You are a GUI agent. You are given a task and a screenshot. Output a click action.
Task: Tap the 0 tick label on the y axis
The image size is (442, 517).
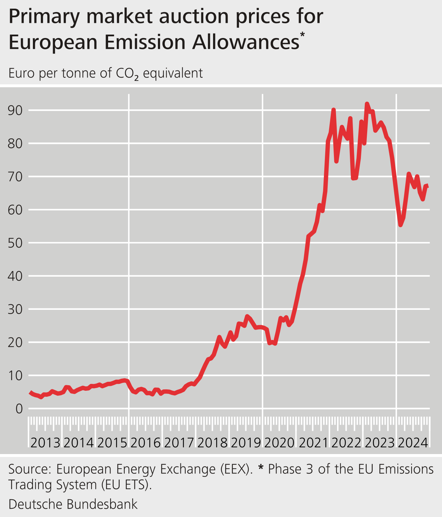pos(19,409)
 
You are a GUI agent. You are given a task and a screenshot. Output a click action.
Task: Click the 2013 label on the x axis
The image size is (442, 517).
pos(45,443)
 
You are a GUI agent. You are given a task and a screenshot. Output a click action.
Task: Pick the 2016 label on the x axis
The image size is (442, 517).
pos(145,443)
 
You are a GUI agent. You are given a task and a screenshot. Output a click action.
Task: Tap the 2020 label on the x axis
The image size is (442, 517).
pos(280,443)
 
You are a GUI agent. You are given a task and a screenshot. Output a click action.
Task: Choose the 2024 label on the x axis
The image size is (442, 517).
pos(413,443)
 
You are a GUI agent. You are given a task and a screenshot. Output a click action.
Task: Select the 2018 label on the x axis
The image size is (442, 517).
pos(212,443)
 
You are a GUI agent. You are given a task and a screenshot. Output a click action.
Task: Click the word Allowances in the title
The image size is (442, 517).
pos(246,43)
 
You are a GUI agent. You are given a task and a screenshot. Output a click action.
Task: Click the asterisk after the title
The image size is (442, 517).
pos(302,34)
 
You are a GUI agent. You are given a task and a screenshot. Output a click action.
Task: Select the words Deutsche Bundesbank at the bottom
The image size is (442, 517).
pos(73,504)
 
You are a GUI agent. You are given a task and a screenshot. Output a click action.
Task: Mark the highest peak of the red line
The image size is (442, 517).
pos(367,103)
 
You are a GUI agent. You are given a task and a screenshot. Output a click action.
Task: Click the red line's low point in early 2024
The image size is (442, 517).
pos(400,225)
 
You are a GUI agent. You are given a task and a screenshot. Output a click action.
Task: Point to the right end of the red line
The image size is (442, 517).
pos(428,187)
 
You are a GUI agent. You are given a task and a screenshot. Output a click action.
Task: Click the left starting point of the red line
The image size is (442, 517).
pos(30,392)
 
